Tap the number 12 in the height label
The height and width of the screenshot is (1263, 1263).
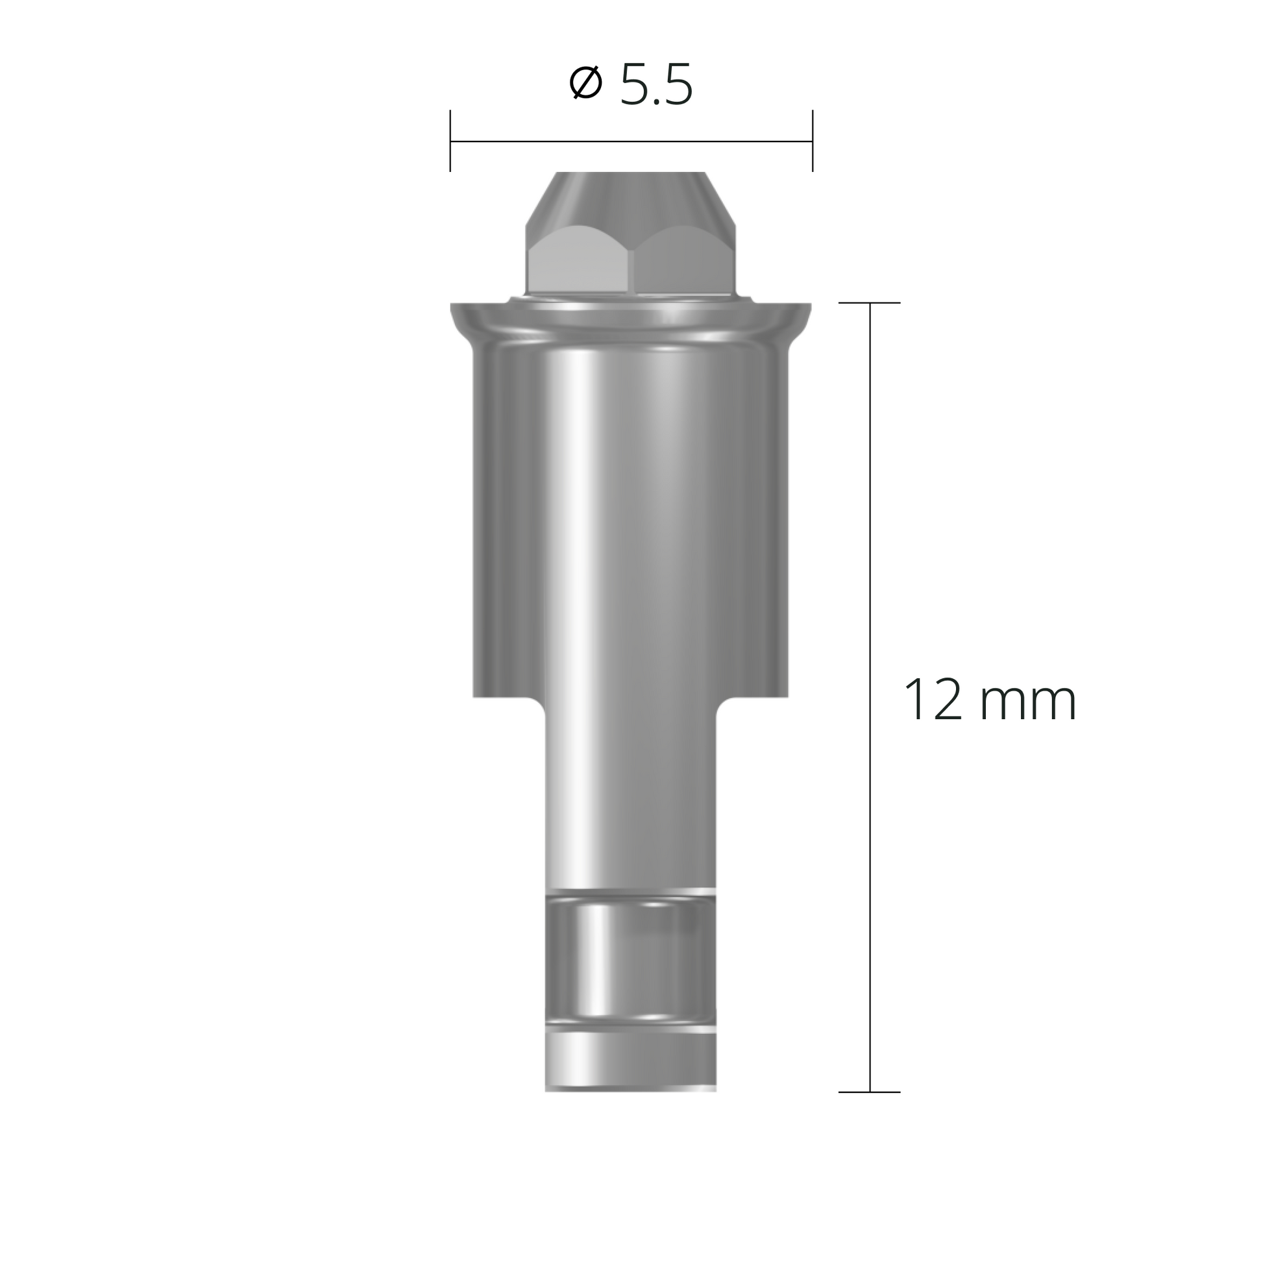pyautogui.click(x=933, y=701)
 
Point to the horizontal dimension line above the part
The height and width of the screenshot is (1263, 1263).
pyautogui.click(x=631, y=141)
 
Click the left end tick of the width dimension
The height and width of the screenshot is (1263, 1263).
pyautogui.click(x=450, y=141)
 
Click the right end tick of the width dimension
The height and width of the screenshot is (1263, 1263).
pyautogui.click(x=813, y=141)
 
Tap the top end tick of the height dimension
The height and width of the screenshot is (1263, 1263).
pyautogui.click(x=870, y=302)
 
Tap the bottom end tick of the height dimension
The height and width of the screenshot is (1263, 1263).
pyautogui.click(x=870, y=1092)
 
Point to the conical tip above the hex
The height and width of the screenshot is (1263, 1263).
pyautogui.click(x=631, y=196)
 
